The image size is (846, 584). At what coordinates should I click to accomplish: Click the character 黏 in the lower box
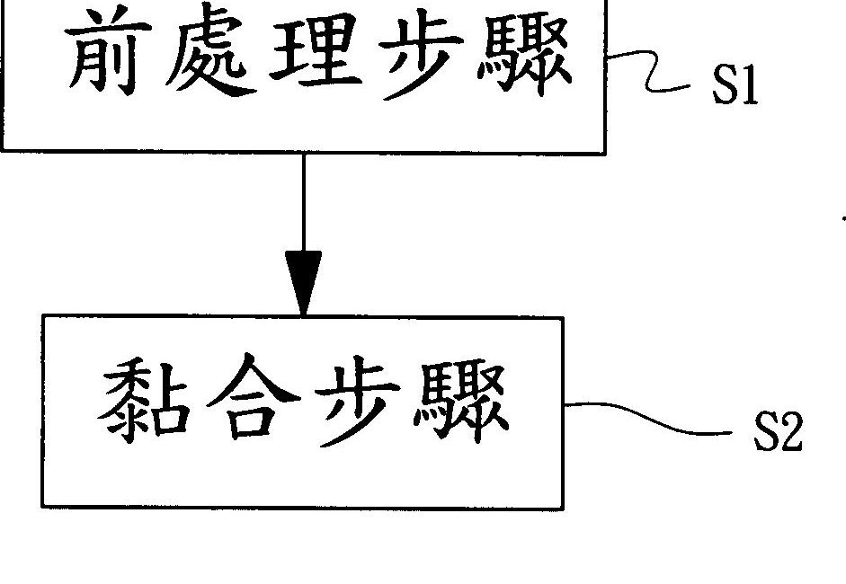pos(141,411)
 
